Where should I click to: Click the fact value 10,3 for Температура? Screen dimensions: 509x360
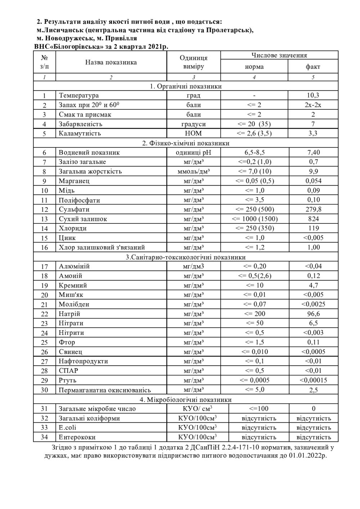(x=313, y=95)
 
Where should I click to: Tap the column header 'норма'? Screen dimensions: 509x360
(x=254, y=67)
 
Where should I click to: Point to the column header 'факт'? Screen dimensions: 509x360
(x=313, y=67)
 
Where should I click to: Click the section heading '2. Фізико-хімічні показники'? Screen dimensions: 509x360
(x=186, y=143)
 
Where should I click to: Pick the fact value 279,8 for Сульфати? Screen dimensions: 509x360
(x=313, y=209)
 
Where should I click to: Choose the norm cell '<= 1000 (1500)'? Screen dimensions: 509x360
(x=254, y=219)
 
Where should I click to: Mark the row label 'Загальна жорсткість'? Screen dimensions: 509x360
(x=90, y=171)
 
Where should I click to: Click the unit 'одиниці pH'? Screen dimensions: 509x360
(x=194, y=153)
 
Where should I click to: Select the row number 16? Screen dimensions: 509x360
(x=45, y=247)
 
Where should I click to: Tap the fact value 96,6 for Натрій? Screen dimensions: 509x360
(x=313, y=314)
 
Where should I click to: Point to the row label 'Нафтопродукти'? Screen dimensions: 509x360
(x=83, y=361)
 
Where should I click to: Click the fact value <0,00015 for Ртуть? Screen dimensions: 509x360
(x=313, y=380)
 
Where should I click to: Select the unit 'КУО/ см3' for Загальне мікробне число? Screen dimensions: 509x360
(x=198, y=409)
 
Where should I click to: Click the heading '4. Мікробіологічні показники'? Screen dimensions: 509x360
(x=186, y=400)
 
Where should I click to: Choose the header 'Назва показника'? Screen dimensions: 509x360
(x=111, y=62)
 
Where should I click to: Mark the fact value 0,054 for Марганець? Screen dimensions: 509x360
(x=313, y=181)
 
